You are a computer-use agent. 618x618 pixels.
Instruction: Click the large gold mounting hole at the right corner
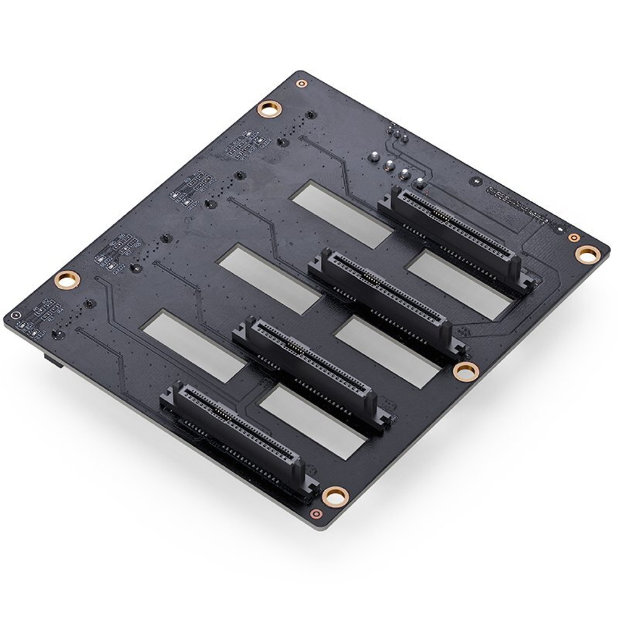coord(586,253)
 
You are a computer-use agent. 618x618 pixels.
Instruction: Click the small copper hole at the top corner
coord(301,83)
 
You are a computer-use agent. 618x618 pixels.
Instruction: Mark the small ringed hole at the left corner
coord(14,315)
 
